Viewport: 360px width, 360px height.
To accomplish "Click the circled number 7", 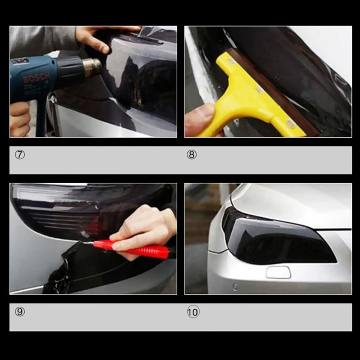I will click(x=19, y=154).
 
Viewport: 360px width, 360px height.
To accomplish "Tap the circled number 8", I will click(x=192, y=155).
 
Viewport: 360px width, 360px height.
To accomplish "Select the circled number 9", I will click(x=19, y=311).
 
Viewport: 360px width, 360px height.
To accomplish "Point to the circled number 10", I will click(x=193, y=311).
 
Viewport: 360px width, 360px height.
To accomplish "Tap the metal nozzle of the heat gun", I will click(x=92, y=67).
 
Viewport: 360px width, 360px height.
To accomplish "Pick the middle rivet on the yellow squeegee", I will click(x=260, y=90).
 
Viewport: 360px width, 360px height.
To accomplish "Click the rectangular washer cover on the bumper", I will click(x=278, y=272).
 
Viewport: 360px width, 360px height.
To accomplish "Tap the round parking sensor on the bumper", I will click(x=234, y=286).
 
